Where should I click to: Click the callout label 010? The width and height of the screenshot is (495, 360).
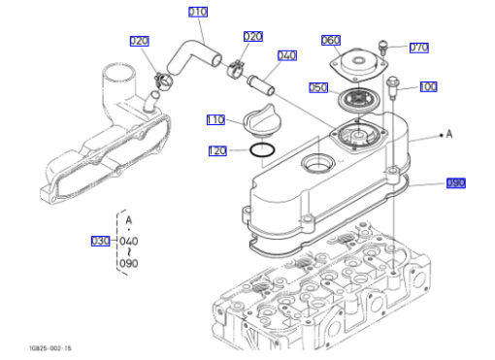[x=198, y=12]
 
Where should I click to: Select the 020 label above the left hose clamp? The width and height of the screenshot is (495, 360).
[x=140, y=41]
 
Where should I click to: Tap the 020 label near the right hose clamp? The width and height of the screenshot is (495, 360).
[x=253, y=36]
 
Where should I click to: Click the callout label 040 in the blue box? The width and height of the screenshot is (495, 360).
[x=287, y=55]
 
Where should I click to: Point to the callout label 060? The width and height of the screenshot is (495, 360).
[x=331, y=40]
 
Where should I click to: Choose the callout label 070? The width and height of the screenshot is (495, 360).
[x=419, y=48]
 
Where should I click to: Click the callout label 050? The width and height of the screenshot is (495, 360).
[x=318, y=87]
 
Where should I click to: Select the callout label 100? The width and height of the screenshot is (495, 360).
[x=428, y=86]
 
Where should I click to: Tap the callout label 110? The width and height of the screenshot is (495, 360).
[x=215, y=119]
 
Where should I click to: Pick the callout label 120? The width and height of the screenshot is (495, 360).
[x=217, y=150]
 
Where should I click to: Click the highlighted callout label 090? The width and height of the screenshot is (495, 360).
[x=456, y=183]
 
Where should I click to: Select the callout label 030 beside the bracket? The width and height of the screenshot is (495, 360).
[x=100, y=241]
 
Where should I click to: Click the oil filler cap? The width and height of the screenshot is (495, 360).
[x=262, y=121]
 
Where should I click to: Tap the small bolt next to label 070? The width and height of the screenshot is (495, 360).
[x=383, y=48]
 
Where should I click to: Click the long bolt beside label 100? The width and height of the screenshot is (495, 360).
[x=392, y=87]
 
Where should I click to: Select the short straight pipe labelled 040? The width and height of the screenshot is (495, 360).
[x=261, y=85]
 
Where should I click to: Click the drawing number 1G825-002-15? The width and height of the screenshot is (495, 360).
[x=50, y=348]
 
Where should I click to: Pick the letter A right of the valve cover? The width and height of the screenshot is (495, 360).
[x=449, y=134]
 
